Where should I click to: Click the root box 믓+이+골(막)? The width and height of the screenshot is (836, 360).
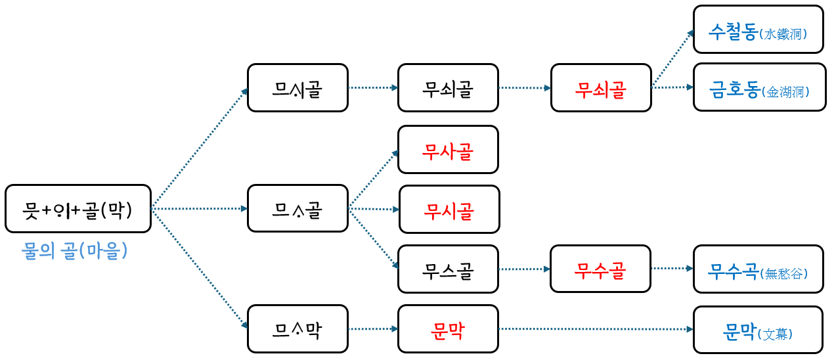coord(78,209)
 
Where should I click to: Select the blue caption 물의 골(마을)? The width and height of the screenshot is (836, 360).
coord(75,251)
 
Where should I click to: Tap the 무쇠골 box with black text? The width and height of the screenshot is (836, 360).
coord(448,88)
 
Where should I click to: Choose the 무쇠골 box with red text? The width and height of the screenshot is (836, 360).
coord(601,88)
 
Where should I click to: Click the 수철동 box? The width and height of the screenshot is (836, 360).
coord(758,30)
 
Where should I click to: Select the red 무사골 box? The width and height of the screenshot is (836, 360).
coord(448,150)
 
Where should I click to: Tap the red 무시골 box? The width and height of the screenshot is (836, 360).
coord(449,210)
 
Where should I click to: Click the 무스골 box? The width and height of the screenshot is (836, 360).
coord(448,269)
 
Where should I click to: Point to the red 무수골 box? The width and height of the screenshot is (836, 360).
coord(600,269)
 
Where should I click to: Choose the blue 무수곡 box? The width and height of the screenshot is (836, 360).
coord(758,269)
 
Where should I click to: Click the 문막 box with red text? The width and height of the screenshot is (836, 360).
coord(448,329)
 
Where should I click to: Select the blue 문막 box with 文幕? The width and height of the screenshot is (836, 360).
coord(758,330)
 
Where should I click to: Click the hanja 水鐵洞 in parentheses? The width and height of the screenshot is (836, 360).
coord(783,33)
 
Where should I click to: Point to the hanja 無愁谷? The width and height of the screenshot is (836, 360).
coord(783,272)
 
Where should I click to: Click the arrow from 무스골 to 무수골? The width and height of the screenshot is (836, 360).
coord(524,269)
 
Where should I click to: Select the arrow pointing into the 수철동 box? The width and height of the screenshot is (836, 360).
coord(672,59)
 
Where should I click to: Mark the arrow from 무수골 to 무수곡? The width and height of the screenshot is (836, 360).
coord(672,268)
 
